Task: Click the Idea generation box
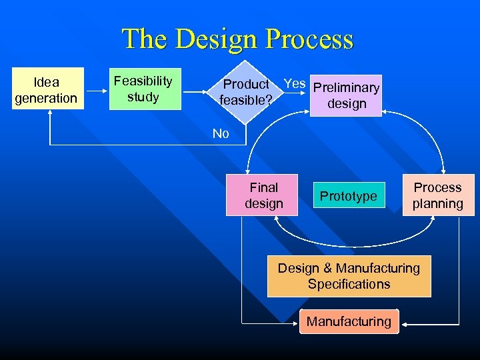46,89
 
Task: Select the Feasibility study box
143,89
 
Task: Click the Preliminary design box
346,95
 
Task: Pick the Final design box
263,195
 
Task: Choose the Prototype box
348,195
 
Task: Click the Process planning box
437,195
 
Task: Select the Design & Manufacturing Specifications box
349,276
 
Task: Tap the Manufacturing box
349,321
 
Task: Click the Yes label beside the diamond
295,84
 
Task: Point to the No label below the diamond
221,133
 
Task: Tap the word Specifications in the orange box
349,284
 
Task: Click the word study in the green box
143,97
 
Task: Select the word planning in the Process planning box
437,203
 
